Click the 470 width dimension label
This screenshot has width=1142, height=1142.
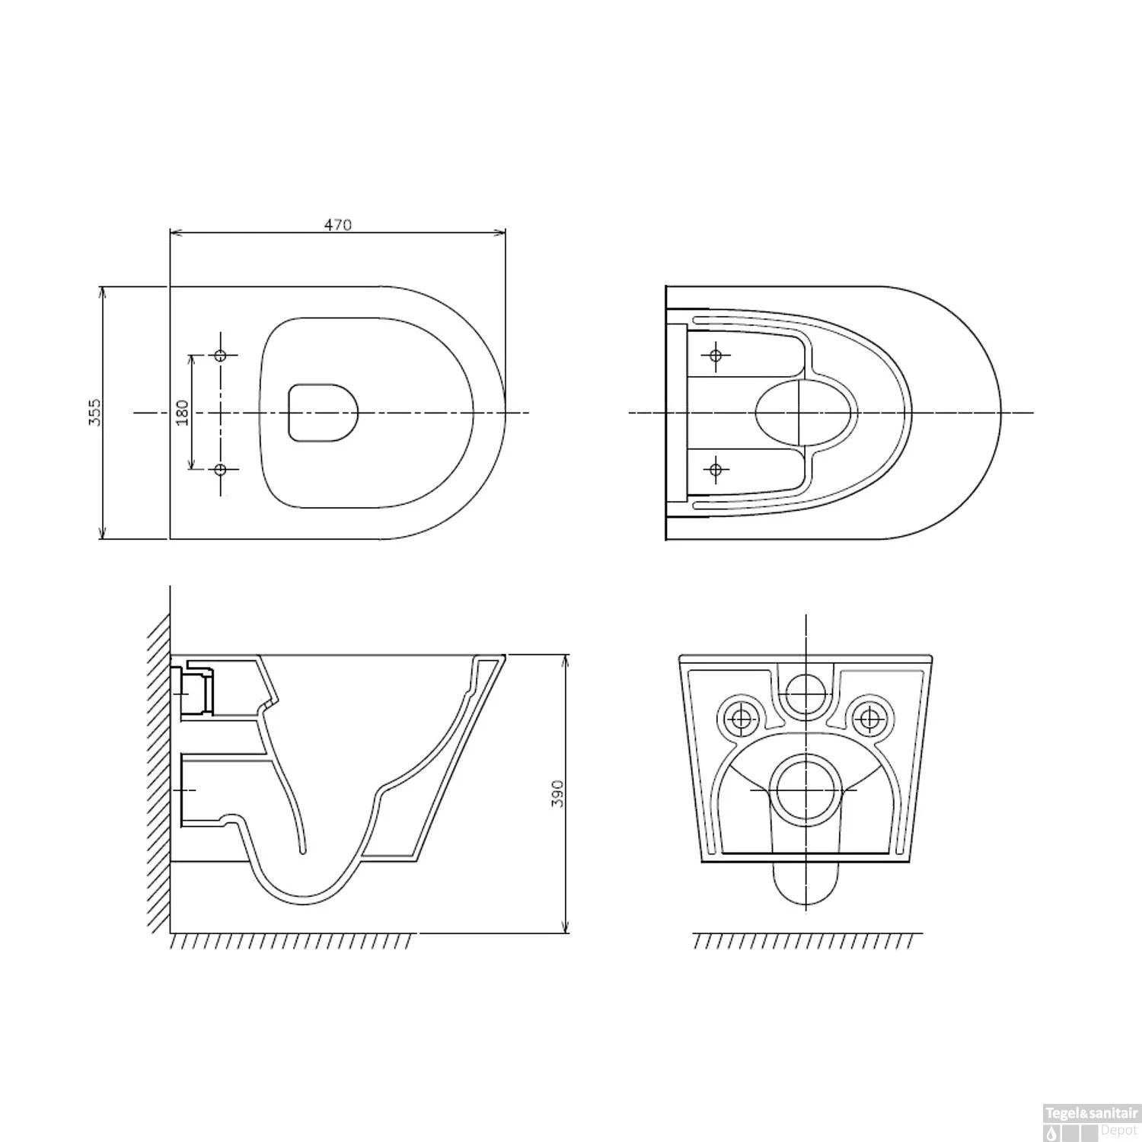[338, 225]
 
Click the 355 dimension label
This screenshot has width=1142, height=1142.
[94, 412]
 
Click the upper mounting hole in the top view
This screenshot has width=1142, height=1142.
[221, 356]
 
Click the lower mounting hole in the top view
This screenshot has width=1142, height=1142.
[221, 470]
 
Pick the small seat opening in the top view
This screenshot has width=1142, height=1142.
[323, 412]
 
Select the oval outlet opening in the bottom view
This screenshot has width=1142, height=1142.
[805, 412]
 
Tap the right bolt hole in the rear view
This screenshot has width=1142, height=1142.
[867, 715]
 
